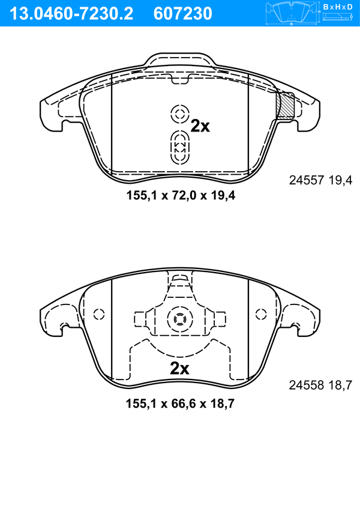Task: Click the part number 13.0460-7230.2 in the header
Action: (x=71, y=14)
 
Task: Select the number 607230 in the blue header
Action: (x=183, y=14)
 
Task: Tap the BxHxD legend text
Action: (x=338, y=7)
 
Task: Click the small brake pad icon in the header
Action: (x=291, y=14)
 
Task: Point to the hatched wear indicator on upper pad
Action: (x=286, y=106)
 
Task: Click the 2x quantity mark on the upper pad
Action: (x=200, y=126)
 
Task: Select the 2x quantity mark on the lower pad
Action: (x=179, y=369)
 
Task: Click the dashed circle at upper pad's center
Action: (x=179, y=113)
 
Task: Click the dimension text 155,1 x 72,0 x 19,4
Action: (x=181, y=195)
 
